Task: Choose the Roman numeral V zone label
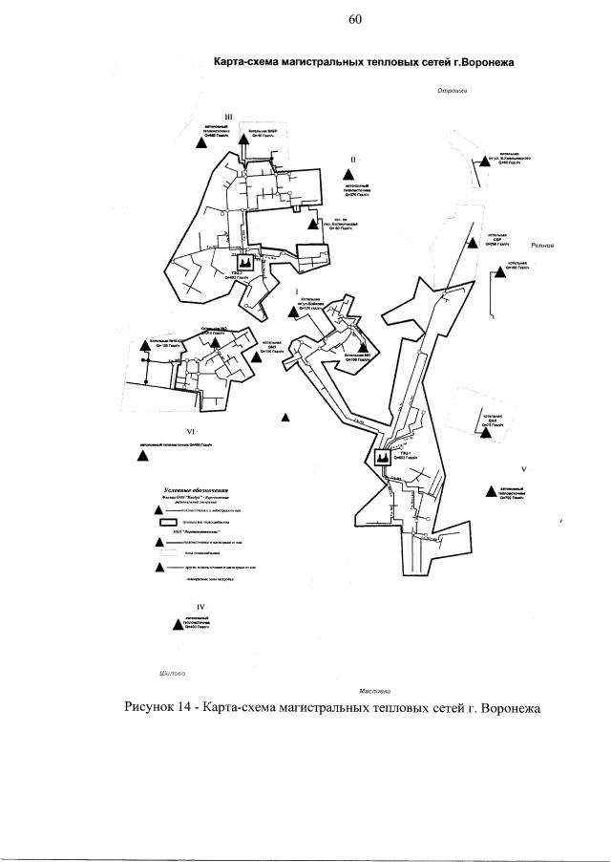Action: pos(524,469)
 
